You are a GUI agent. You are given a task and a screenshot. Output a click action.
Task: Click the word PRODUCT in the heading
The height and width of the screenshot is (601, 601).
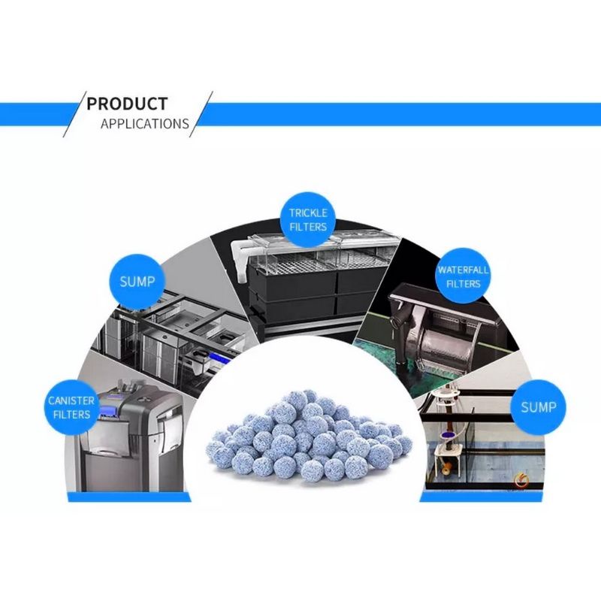127,104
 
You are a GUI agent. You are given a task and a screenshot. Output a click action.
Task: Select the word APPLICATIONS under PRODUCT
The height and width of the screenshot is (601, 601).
144,124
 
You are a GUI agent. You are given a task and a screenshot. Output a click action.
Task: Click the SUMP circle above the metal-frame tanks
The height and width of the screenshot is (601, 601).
137,282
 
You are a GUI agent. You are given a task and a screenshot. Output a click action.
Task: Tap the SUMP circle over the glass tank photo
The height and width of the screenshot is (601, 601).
538,406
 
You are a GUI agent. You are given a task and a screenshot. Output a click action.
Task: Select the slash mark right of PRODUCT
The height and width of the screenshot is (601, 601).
201,113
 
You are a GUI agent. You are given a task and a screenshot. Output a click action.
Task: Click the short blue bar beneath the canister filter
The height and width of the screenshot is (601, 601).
128,497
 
